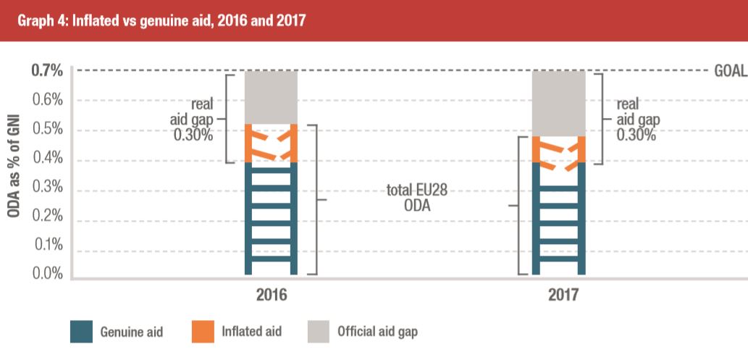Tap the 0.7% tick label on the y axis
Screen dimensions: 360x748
47,71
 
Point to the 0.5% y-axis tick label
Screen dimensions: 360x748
49,130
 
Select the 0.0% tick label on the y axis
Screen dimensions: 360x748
49,274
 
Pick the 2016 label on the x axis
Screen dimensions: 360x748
272,296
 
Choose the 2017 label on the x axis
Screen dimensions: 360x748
559,296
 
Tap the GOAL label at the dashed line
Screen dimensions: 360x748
730,72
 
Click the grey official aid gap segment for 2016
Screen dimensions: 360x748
272,97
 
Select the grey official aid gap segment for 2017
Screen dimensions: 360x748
559,103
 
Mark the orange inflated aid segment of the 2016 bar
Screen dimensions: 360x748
272,143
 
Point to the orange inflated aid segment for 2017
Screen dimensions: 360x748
559,150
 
